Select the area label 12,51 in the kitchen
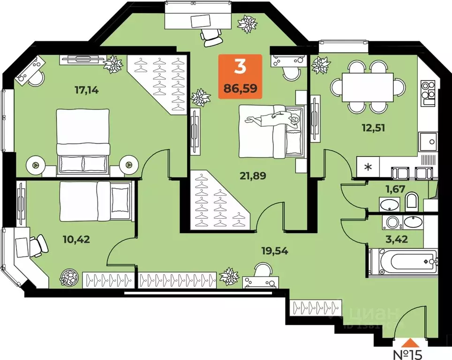tap(374, 127)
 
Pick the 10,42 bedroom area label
tap(76, 239)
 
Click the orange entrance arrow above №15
tap(410, 342)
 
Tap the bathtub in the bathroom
tap(403, 261)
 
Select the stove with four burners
tap(428, 92)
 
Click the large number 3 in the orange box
tap(240, 68)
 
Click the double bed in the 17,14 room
tap(83, 140)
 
